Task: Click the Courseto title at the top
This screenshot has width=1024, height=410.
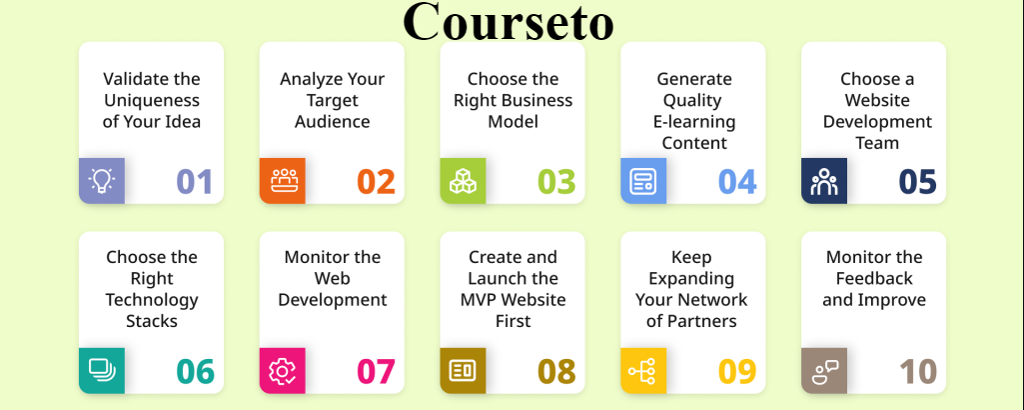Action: [509, 21]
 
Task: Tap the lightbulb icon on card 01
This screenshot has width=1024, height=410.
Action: [101, 181]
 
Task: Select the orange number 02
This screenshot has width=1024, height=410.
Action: [377, 181]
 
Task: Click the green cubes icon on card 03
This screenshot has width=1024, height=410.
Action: [463, 181]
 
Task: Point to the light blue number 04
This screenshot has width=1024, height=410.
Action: [737, 181]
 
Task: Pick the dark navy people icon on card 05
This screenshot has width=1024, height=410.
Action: [824, 181]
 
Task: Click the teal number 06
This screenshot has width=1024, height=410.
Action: [196, 371]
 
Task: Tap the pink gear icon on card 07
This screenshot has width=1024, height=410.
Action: [282, 371]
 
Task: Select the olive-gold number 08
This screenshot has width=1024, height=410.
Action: [557, 371]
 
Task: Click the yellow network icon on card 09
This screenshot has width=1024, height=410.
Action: [643, 371]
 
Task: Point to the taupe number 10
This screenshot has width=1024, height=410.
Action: [917, 371]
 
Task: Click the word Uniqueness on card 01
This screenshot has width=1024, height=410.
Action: [151, 100]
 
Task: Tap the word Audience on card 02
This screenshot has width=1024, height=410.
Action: [332, 122]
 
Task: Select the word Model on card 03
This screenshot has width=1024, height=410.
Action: [513, 122]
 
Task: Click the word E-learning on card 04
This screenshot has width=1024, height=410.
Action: [694, 122]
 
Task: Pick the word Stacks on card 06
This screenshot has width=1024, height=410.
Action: [152, 321]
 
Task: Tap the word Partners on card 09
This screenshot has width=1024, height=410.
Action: [702, 321]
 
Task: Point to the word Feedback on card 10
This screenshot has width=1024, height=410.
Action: [875, 279]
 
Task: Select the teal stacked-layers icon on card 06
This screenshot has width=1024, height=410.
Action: [101, 371]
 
